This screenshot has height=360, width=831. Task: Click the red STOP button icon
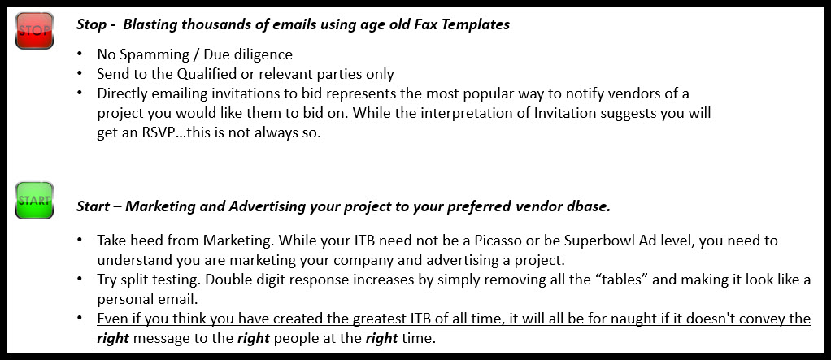click(x=34, y=31)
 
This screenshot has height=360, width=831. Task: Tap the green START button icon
click(x=34, y=200)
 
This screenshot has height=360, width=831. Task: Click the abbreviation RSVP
click(x=142, y=132)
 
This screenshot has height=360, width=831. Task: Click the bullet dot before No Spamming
click(x=80, y=54)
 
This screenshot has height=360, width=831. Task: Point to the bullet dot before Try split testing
click(x=80, y=278)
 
